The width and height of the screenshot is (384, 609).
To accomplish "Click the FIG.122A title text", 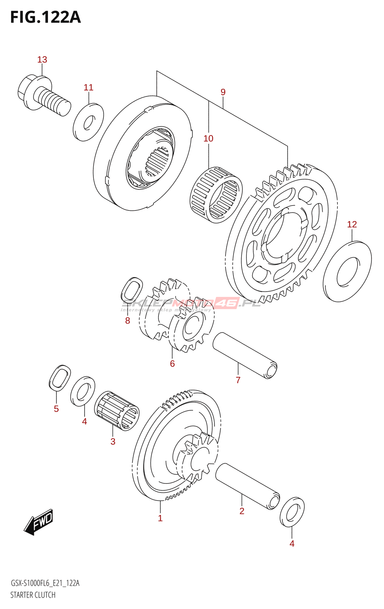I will point(45,17).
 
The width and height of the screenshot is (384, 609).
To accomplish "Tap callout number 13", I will point(42,60).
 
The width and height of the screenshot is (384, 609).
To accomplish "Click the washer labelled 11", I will point(88,122).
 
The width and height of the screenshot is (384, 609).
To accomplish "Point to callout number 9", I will point(223,92).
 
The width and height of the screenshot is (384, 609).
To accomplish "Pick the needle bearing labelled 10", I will point(216,194).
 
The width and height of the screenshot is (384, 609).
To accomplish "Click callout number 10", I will point(208,139).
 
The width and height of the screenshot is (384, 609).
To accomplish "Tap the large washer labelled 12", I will point(347,271).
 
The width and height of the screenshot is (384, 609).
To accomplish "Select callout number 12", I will point(352,225).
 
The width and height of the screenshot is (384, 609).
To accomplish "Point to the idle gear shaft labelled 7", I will point(245,355).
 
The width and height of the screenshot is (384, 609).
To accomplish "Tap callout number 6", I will point(172,364).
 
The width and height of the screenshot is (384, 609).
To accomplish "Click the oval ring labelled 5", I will point(60,378).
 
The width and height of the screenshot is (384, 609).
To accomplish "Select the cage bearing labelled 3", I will point(117,411).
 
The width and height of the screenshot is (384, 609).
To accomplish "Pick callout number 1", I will point(160,518).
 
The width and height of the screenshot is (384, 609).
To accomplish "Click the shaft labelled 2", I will point(248,486).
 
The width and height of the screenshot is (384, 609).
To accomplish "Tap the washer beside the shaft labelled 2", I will point(292,512).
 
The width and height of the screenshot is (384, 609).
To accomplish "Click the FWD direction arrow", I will point(39,522).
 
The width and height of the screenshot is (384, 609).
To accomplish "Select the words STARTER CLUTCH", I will point(33,595).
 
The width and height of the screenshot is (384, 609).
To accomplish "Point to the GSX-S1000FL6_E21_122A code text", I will point(45,583).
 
